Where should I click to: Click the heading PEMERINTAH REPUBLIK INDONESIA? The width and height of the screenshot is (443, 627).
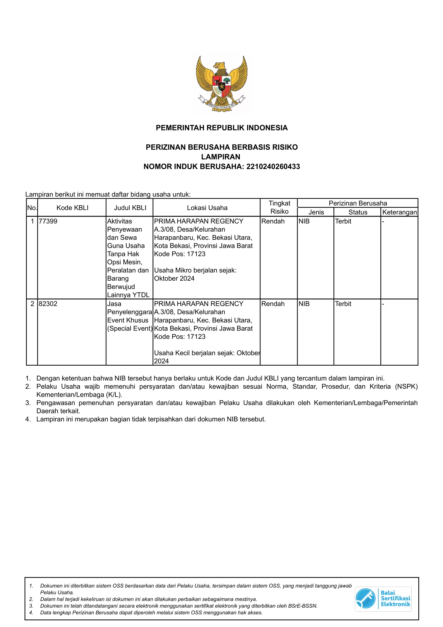tap(222, 128)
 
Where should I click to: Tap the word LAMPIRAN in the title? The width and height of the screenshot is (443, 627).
tap(221, 157)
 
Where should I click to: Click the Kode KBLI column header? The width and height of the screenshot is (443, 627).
tap(72, 208)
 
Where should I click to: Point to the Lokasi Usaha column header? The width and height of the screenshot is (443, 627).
tap(207, 208)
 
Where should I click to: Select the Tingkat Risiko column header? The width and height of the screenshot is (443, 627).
tap(279, 207)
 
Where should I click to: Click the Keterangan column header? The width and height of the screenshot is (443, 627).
tap(400, 212)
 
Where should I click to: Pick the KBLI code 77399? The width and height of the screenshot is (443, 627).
tap(48, 221)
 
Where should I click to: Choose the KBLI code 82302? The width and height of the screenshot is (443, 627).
tap(48, 304)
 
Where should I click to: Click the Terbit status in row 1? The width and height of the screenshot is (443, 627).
tap(343, 221)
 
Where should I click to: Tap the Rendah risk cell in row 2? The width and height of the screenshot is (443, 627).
tap(273, 304)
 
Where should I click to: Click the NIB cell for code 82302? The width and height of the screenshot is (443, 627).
tap(304, 304)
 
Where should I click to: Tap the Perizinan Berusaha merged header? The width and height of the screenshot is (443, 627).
tap(358, 203)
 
